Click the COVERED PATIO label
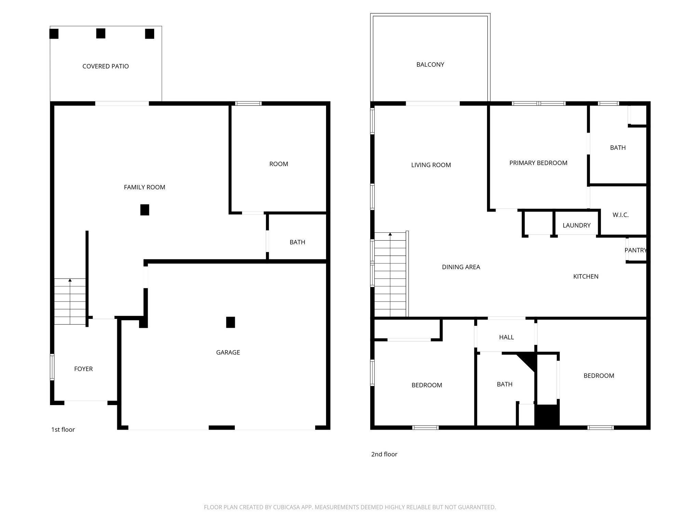tap(106, 66)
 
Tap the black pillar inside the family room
tap(145, 210)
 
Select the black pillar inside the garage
tap(230, 322)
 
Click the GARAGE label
tap(228, 352)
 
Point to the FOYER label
tap(83, 369)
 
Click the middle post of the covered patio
tap(100, 33)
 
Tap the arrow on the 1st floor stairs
tap(70, 280)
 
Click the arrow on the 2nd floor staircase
tap(390, 234)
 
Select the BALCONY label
tap(430, 65)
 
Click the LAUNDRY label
tap(576, 225)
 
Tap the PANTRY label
tap(635, 250)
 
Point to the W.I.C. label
tap(620, 215)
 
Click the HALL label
tap(506, 337)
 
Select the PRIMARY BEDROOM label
tap(538, 163)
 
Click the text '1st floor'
tap(63, 430)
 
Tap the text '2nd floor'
tap(384, 454)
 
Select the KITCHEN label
tap(585, 277)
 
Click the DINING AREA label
tap(461, 267)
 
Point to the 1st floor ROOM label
tap(279, 164)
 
